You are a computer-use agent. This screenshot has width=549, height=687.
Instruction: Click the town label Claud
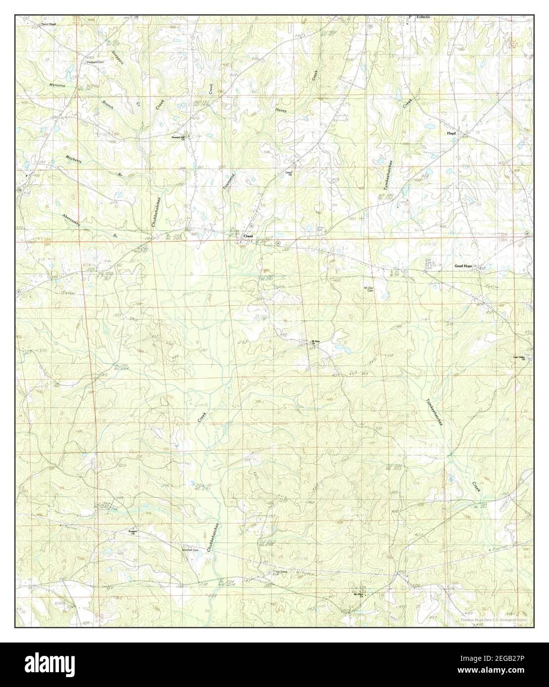tap(248, 236)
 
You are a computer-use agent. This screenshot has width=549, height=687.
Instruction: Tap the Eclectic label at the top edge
tap(423, 17)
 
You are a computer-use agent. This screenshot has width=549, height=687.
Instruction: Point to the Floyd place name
tap(451, 133)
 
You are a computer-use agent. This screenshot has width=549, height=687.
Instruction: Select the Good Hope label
tap(464, 266)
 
